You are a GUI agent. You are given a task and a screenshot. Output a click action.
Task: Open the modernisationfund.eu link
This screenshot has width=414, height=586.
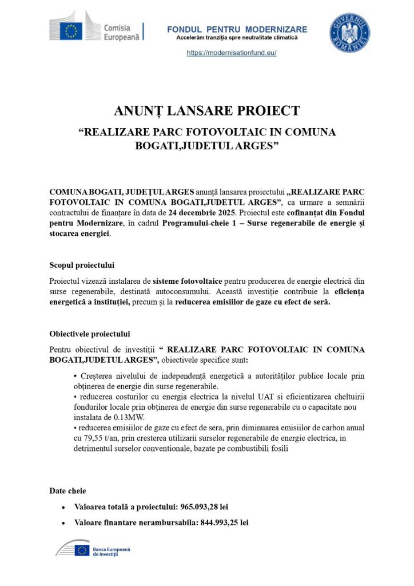[232, 53]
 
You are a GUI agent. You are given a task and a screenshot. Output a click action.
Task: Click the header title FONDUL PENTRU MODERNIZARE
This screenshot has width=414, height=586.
[237, 29]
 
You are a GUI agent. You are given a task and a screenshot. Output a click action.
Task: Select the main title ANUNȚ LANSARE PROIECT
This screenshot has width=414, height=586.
[206, 110]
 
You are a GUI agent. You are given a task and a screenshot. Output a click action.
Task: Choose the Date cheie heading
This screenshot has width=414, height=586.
[68, 490]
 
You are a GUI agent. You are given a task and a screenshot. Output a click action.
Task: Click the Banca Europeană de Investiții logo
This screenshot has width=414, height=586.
[93, 550]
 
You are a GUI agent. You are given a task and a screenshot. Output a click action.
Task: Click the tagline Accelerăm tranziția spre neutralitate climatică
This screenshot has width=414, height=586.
[237, 38]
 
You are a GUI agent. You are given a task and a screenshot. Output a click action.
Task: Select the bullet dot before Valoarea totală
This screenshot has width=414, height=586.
[63, 508]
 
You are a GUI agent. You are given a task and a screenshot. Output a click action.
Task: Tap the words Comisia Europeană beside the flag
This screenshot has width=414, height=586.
[117, 31]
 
